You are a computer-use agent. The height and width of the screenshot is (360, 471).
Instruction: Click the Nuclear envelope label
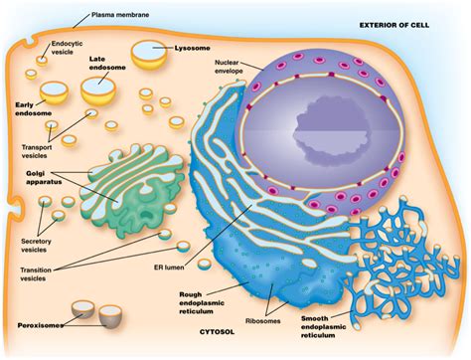click(x=232, y=69)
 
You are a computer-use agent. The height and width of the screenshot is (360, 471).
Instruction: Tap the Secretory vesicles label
click(x=28, y=245)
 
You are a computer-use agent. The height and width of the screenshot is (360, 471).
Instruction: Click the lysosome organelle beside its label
click(x=151, y=55)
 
